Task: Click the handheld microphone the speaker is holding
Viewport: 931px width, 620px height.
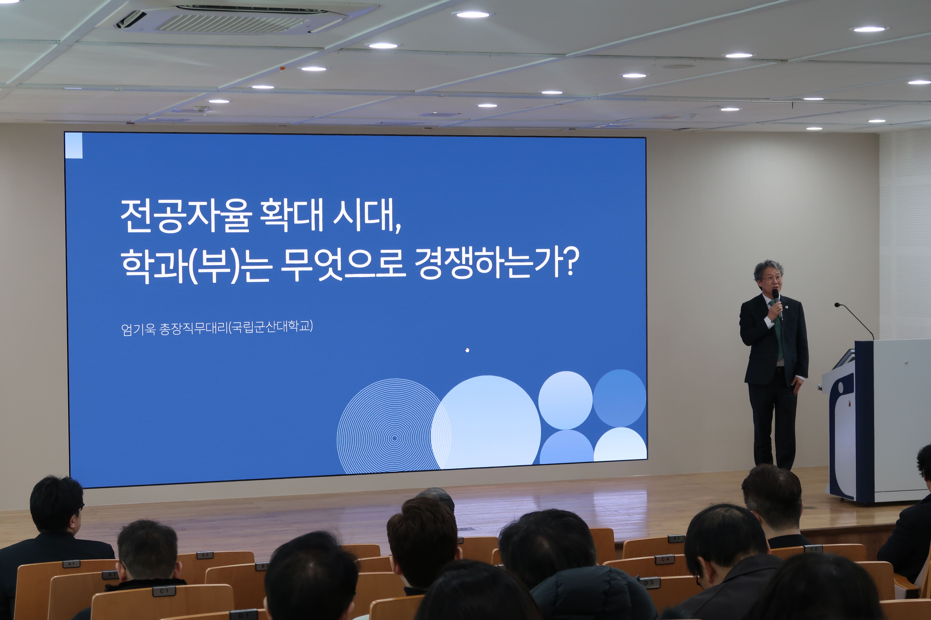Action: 777,304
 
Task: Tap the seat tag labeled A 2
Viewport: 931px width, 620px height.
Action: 205,555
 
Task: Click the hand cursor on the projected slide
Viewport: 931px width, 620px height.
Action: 467,350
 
